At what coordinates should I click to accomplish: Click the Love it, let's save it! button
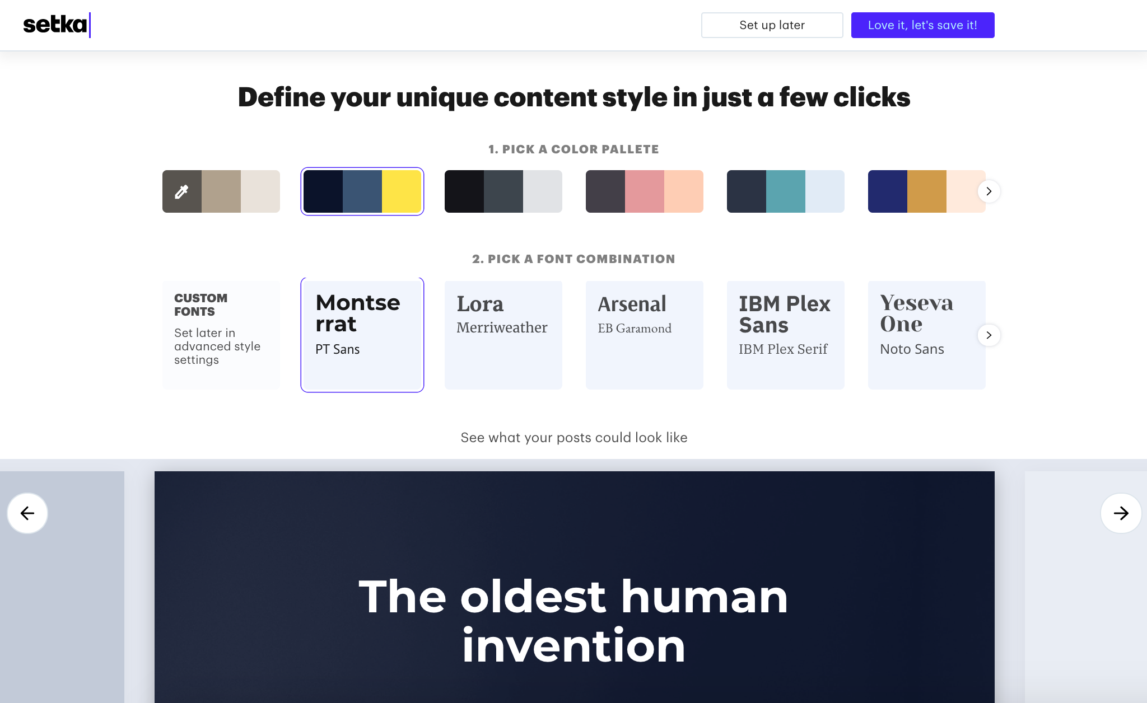click(x=922, y=25)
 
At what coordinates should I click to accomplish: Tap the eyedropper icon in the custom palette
click(x=181, y=191)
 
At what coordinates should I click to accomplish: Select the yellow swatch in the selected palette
click(x=402, y=191)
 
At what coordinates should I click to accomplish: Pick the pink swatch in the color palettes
click(x=645, y=191)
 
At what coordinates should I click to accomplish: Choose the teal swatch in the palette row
click(x=786, y=191)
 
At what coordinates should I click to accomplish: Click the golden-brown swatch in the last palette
click(x=927, y=191)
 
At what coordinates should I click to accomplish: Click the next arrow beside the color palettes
click(x=989, y=191)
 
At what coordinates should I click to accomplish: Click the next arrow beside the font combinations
click(x=989, y=335)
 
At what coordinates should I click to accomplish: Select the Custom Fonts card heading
click(x=201, y=304)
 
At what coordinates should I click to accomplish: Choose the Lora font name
click(x=480, y=304)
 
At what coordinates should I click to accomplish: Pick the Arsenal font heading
click(x=632, y=304)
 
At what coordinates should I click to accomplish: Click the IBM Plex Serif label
click(x=783, y=349)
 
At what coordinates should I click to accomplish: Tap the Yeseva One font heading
click(x=916, y=313)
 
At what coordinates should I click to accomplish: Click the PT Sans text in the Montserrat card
click(x=337, y=349)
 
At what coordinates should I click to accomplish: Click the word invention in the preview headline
click(x=573, y=645)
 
